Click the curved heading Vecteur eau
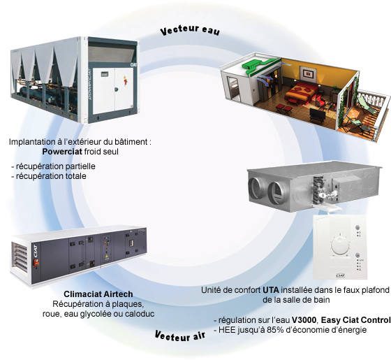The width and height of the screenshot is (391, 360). (x=190, y=30)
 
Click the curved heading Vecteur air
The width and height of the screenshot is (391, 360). (x=180, y=336)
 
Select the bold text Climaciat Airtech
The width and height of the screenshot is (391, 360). (x=98, y=294)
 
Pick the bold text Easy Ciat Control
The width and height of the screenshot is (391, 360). (x=355, y=320)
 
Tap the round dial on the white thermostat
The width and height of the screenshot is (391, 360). (x=340, y=245)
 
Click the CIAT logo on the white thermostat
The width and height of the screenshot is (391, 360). (x=340, y=275)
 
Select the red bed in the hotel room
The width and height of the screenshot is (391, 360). (x=302, y=91)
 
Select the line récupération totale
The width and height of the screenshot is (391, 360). (x=49, y=176)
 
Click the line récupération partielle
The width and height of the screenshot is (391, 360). (x=53, y=166)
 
